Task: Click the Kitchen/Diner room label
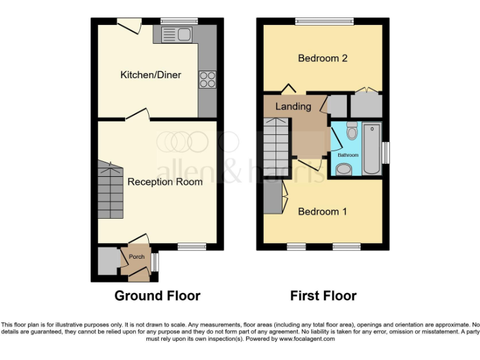click(151, 75)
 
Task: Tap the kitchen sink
click(178, 35)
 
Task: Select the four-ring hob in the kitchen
click(207, 79)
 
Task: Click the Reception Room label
click(165, 182)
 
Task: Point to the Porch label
click(136, 257)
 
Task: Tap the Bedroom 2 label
click(322, 59)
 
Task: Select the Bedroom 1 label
click(322, 212)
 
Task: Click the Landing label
click(293, 106)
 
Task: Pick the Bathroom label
click(348, 154)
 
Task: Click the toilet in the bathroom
click(351, 132)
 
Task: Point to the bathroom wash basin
click(344, 169)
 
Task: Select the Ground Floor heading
click(157, 296)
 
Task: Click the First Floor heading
click(323, 296)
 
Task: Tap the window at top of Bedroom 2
click(324, 21)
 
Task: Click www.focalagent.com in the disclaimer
click(304, 339)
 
